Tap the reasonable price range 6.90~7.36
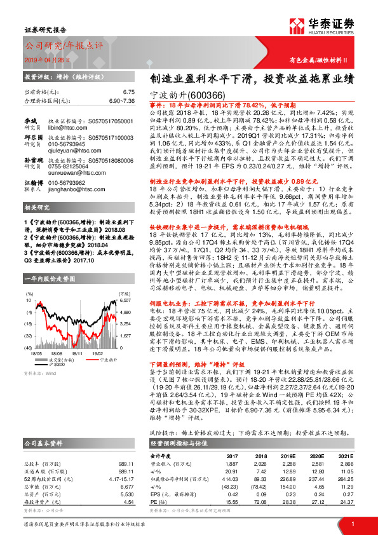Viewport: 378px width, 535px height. (x=123, y=100)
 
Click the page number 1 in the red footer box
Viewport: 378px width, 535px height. (x=353, y=524)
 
